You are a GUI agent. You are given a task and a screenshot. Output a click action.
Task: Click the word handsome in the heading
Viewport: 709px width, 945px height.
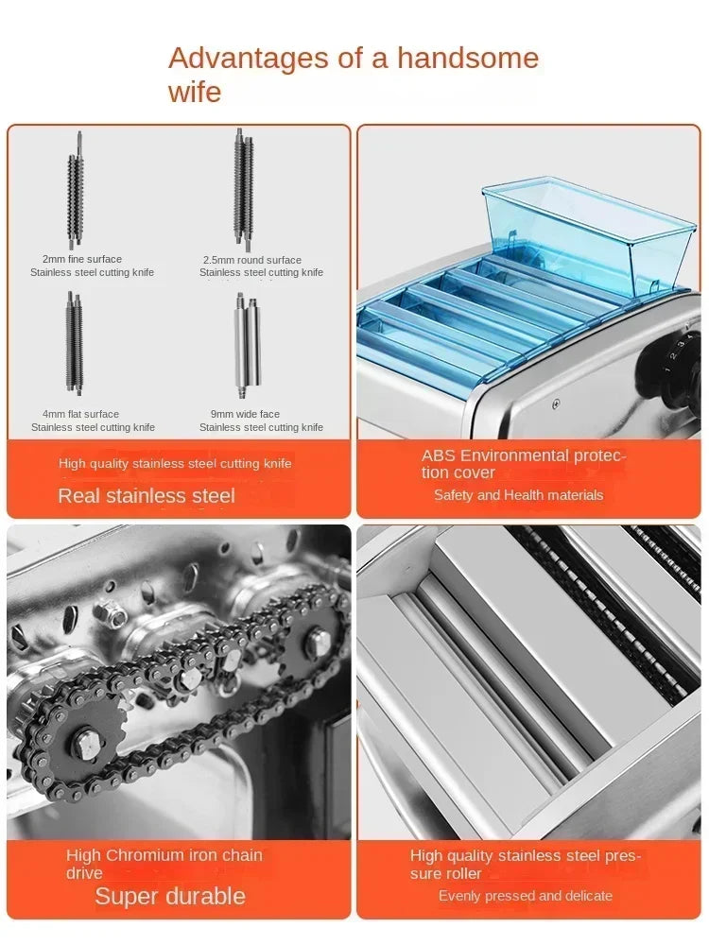coord(467,59)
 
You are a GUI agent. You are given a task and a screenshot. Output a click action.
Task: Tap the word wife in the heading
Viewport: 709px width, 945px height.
coord(195,93)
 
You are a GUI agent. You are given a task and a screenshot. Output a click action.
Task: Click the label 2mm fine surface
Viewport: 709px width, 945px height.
coord(82,259)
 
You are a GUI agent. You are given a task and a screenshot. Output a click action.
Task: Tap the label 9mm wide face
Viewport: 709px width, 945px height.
coord(245,414)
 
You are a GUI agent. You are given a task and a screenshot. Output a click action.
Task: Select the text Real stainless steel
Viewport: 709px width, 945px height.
coord(147,495)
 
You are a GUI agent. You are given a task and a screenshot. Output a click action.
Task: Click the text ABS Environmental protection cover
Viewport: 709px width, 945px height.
coord(524,464)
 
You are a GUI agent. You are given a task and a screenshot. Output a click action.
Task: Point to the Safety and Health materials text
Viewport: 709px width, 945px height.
coord(518,495)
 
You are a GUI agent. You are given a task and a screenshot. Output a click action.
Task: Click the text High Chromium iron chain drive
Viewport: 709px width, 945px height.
coord(164,864)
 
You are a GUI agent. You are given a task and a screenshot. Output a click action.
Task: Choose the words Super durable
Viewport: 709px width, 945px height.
coord(170,897)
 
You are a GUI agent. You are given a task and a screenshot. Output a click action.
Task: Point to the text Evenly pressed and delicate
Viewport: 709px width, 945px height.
coord(526,896)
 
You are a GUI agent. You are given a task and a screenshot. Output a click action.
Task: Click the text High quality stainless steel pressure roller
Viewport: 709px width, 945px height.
coord(526,865)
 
